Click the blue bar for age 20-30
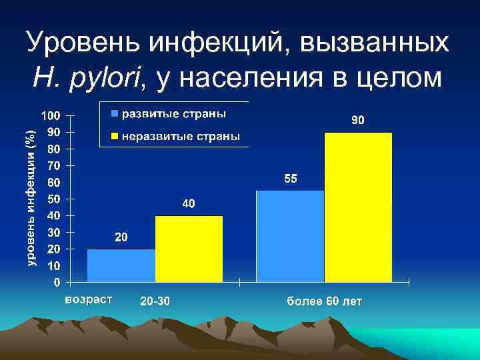(x=121, y=265)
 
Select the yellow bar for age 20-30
(x=189, y=249)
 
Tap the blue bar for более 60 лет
(x=290, y=236)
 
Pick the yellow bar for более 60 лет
(x=358, y=207)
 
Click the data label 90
(x=358, y=121)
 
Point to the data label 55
(x=291, y=179)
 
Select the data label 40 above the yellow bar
(x=189, y=203)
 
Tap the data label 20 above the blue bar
(x=121, y=237)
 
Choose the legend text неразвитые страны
(x=180, y=137)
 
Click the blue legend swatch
(x=115, y=113)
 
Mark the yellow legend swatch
(x=115, y=137)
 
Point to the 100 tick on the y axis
(x=51, y=115)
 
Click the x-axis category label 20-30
(x=155, y=301)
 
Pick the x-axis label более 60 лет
(x=325, y=301)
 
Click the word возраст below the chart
(x=89, y=299)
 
